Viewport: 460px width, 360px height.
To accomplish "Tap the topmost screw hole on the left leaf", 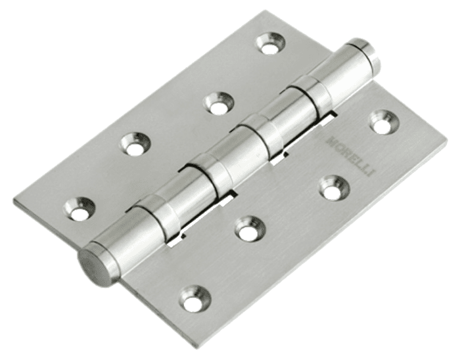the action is [x=271, y=43].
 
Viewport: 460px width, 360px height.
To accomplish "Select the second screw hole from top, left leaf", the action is [x=219, y=103].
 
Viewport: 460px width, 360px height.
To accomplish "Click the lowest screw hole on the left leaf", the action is [x=80, y=208].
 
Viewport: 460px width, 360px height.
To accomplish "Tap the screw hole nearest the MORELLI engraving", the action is [x=384, y=121].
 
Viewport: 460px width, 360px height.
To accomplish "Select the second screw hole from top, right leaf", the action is [x=334, y=187].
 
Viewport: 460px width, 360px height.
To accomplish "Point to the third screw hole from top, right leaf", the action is [x=251, y=227].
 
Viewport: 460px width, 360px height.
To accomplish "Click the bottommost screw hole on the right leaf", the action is [x=195, y=297].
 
